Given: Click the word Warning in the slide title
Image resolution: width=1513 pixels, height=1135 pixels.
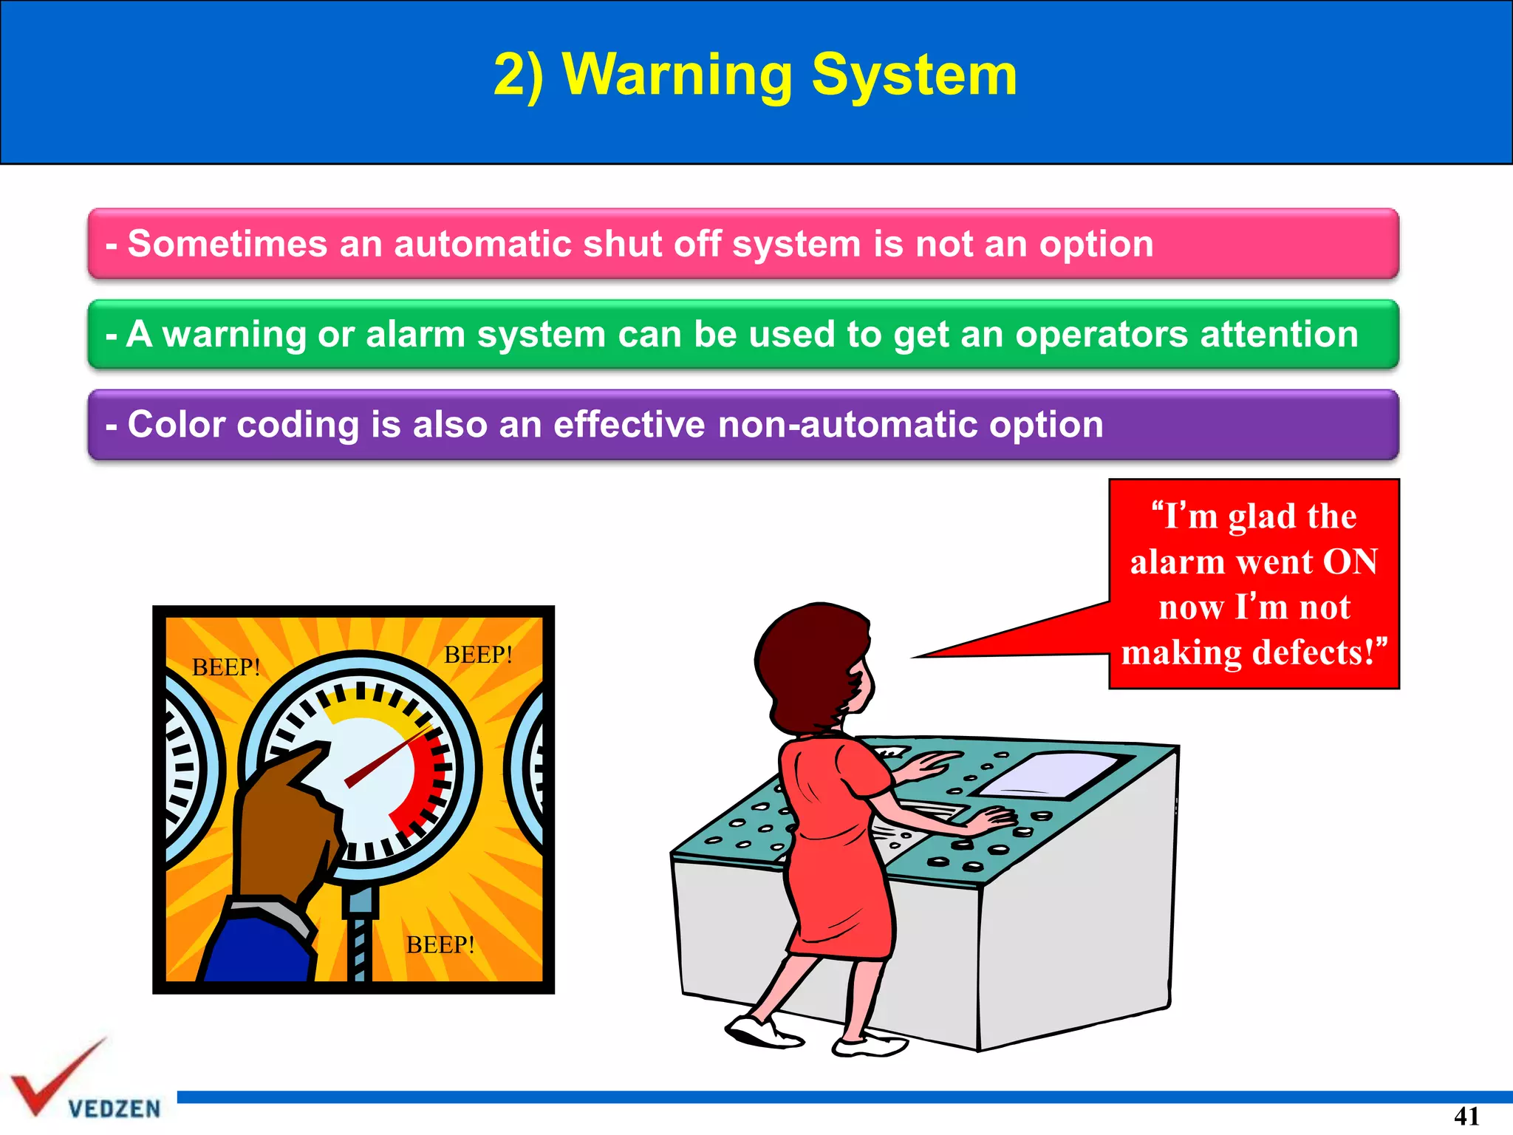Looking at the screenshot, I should tap(677, 75).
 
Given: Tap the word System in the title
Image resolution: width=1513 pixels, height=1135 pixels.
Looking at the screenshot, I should tap(914, 75).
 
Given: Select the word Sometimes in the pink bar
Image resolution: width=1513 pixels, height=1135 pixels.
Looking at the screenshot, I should tap(227, 244).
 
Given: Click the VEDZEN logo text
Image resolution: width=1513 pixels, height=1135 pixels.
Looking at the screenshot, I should tap(115, 1108).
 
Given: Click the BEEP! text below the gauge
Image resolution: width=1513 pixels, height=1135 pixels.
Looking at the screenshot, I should tap(440, 944).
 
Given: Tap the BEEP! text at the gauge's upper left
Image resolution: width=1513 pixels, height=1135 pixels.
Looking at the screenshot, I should tap(226, 667).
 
